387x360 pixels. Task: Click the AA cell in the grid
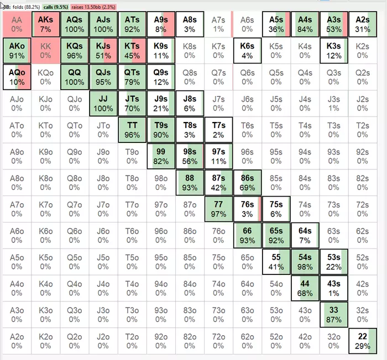17,24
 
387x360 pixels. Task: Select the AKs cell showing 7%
45,24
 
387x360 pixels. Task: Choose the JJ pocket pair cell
103,104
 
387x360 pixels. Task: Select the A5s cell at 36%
276,24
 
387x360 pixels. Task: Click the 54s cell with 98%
305,262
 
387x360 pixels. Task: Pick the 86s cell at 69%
247,183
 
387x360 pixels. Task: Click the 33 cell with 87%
334,314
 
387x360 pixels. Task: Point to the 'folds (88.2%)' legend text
22,6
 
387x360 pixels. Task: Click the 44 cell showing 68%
305,288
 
